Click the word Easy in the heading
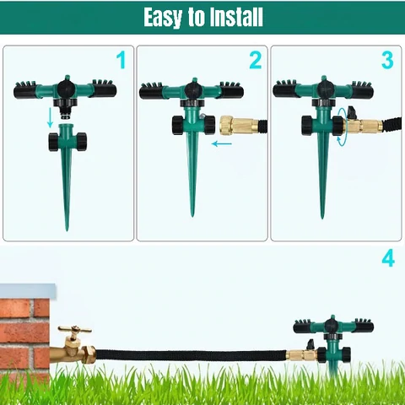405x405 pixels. click(163, 17)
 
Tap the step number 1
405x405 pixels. click(121, 60)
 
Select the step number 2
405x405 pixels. click(256, 60)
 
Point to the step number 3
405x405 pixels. click(387, 60)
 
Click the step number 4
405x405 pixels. click(388, 259)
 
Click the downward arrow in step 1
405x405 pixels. click(51, 117)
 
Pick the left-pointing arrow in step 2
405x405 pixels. click(222, 144)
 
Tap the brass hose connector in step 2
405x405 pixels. click(240, 125)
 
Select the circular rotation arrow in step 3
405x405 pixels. click(342, 127)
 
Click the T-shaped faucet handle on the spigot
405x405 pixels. click(75, 329)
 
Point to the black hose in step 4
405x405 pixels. click(192, 354)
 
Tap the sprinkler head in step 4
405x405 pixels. click(333, 327)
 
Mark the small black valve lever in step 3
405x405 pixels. click(352, 112)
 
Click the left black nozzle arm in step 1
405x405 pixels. click(25, 90)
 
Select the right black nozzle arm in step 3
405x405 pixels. click(363, 90)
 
